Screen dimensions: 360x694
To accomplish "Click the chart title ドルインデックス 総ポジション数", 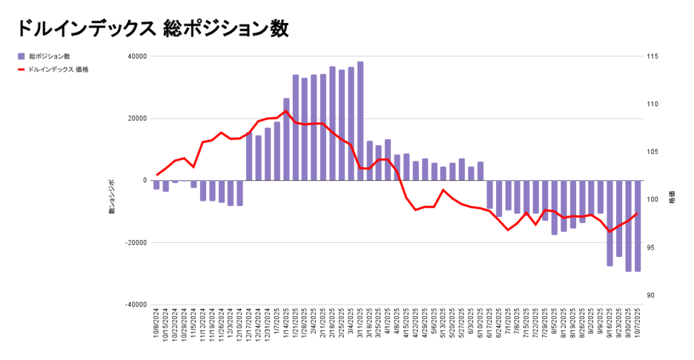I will point(152,28).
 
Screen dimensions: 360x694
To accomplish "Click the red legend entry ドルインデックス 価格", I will point(58,69).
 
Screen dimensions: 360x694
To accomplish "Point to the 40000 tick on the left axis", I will point(136,56).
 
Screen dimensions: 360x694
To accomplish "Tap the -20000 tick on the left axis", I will point(135,243).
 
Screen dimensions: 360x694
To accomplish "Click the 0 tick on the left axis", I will point(144,180).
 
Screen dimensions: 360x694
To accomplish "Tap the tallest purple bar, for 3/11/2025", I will point(360,121).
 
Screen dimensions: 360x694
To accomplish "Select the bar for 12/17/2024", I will point(249,157).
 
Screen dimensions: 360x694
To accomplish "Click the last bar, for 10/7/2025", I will point(637,226).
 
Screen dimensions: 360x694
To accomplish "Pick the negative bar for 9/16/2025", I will point(609,223).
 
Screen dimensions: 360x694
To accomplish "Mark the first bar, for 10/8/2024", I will point(157,185).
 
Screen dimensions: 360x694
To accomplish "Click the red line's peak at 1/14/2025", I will point(286,111).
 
